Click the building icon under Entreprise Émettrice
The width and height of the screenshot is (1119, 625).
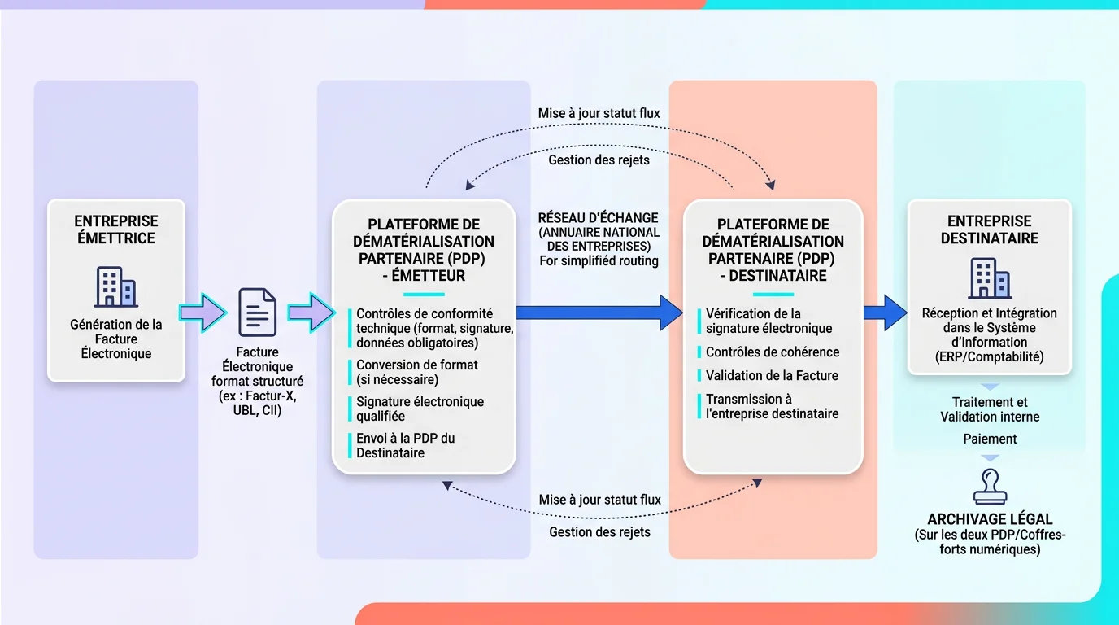pos(116,286)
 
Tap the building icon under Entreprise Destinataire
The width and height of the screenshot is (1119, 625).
pos(990,278)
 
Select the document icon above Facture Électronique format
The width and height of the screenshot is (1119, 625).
pos(257,312)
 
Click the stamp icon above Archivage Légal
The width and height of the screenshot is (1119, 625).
pos(990,487)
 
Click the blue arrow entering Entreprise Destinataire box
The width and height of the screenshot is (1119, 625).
pos(885,312)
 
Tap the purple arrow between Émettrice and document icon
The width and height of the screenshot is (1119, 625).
pos(202,312)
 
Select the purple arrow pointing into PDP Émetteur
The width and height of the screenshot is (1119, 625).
pos(311,312)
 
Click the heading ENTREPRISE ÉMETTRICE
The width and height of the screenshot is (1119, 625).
pos(116,229)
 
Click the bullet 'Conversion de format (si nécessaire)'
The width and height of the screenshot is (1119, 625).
pos(417,372)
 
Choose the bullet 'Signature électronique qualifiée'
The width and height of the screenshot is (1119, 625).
pos(420,409)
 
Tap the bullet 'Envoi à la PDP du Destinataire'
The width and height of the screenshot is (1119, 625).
pos(405,445)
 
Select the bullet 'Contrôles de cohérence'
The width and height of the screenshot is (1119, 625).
pos(772,352)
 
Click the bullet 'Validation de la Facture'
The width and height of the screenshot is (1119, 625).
pos(771,375)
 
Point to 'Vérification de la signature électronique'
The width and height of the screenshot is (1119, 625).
pos(768,321)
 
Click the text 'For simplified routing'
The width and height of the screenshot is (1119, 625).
pos(599,261)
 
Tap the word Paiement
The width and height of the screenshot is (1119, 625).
pos(990,439)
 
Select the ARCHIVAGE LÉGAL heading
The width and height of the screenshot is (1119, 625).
pos(990,519)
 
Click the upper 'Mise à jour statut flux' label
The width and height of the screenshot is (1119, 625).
pos(599,114)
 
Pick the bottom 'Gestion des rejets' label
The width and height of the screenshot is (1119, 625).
pos(599,532)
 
